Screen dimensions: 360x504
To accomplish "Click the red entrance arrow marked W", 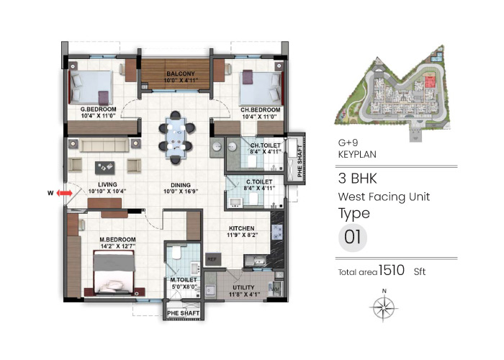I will point(65,193).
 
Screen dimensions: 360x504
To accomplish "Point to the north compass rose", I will point(384,309).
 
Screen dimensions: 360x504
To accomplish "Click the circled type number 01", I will point(352,238).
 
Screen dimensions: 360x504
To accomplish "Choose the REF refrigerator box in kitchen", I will point(212,257).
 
